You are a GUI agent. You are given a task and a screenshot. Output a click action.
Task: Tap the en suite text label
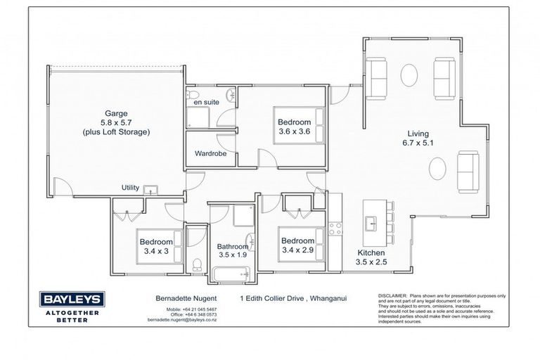point(206,102)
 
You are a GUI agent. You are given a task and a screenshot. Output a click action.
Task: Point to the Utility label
point(130,188)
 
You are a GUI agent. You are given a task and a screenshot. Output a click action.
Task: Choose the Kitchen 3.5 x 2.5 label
point(371,257)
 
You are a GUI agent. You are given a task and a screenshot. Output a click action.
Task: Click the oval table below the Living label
point(436,169)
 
